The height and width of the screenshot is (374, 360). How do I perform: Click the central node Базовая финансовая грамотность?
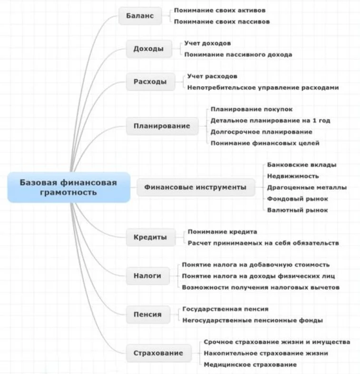68,187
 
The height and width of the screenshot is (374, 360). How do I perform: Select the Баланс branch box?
140,16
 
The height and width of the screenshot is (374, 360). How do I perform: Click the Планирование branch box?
162,126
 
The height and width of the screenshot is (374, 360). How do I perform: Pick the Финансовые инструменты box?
195,187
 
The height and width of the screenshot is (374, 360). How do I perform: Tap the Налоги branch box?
147,276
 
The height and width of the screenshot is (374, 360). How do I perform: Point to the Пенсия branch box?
147,314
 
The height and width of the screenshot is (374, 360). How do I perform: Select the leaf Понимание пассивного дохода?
238,54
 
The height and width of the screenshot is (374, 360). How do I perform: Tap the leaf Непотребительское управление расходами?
263,87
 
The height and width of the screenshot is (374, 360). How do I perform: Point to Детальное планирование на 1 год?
270,121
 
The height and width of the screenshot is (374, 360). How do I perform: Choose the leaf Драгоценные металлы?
307,187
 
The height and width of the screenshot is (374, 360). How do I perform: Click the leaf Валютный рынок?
297,210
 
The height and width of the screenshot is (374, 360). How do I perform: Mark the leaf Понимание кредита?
222,232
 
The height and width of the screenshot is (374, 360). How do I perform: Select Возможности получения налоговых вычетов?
261,287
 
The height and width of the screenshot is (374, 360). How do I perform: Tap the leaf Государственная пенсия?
225,309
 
